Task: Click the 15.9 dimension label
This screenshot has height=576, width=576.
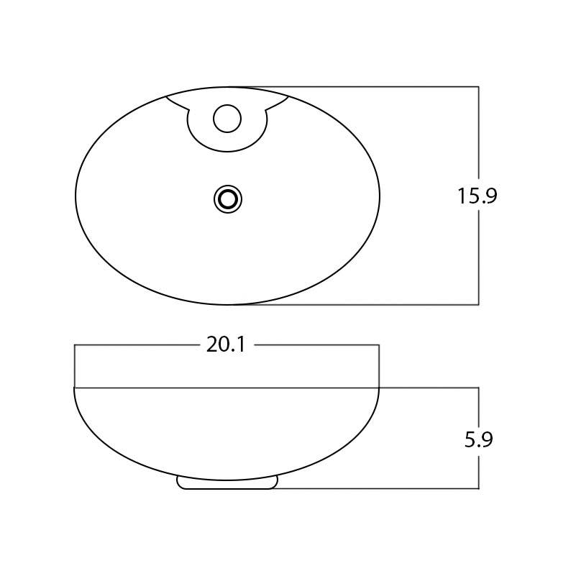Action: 477,196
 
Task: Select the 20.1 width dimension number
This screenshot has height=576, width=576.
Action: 227,345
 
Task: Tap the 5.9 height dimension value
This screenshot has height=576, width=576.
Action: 478,439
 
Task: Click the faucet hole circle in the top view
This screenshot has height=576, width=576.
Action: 227,119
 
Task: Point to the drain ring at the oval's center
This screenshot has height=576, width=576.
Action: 227,199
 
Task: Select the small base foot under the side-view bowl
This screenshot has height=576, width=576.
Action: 227,484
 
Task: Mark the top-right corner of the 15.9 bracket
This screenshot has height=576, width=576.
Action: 479,87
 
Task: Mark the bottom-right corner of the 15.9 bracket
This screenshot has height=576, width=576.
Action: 479,304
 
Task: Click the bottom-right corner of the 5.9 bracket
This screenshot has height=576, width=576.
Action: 479,489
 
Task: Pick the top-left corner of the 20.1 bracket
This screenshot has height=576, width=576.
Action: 75,345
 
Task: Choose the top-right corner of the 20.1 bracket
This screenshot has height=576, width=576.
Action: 379,345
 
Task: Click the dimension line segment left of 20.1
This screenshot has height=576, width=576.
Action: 137,345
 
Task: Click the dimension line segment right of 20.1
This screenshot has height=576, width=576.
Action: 316,345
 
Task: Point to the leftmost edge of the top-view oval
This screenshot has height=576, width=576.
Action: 76,196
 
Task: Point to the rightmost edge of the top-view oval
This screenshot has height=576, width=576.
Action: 380,196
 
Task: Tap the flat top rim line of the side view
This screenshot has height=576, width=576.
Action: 227,388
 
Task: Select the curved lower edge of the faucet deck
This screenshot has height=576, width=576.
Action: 227,152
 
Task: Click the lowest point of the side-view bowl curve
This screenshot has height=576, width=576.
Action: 227,480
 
